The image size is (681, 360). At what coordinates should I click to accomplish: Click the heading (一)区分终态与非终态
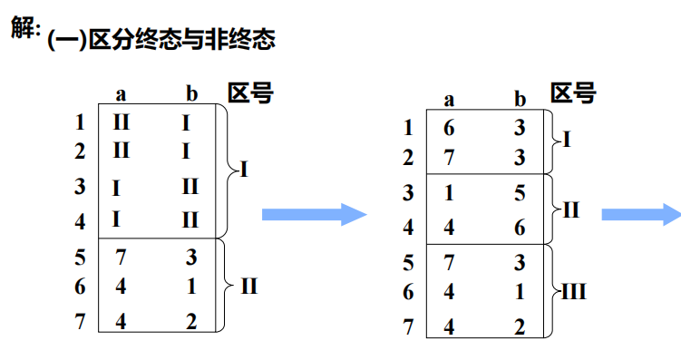(x=161, y=41)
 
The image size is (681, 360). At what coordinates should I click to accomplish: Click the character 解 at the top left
(x=24, y=28)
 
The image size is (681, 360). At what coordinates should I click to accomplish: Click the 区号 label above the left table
(x=250, y=92)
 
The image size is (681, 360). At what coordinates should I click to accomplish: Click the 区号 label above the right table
(x=572, y=93)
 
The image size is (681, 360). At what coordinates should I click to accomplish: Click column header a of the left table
(x=121, y=93)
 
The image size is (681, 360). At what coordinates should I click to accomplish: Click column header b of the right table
(x=520, y=99)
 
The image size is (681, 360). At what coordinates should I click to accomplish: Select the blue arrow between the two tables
(x=314, y=213)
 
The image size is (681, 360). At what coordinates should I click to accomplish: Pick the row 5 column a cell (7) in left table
(x=121, y=258)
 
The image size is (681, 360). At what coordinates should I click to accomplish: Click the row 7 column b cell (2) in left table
(x=190, y=320)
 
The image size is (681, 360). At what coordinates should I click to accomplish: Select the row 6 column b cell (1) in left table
(x=190, y=287)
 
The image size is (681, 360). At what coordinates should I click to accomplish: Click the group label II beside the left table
(x=249, y=287)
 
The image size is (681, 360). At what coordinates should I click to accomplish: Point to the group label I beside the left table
(x=243, y=170)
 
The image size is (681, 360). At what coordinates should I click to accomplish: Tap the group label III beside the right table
(x=573, y=292)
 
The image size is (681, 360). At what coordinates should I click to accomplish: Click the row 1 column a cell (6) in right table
(x=448, y=128)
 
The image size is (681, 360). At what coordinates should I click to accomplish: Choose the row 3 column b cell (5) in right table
(x=519, y=193)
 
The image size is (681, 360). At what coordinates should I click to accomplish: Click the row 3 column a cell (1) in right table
(x=448, y=193)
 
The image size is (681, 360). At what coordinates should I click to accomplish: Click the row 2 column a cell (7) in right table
(x=448, y=158)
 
